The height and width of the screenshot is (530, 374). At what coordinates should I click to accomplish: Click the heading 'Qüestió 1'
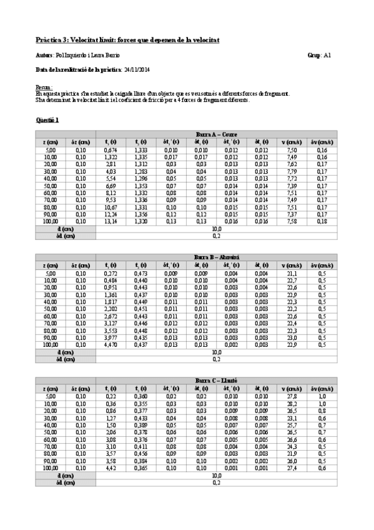pyautogui.click(x=49, y=119)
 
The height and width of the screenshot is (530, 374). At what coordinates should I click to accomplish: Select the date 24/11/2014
pyautogui.click(x=136, y=69)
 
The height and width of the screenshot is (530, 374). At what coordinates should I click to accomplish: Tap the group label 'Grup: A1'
pyautogui.click(x=323, y=55)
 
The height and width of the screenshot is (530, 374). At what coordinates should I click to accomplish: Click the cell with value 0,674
pyautogui.click(x=111, y=150)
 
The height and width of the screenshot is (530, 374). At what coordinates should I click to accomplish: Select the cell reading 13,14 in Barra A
pyautogui.click(x=111, y=221)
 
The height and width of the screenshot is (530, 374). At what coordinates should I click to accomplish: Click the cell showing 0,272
pyautogui.click(x=111, y=273)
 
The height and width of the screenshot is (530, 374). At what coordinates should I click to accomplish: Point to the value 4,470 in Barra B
pyautogui.click(x=111, y=344)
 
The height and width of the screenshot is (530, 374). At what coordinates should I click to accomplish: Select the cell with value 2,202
pyautogui.click(x=111, y=308)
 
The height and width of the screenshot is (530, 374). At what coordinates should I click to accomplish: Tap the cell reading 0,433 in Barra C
pyautogui.click(x=141, y=417)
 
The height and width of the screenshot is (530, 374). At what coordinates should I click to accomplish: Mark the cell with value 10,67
pyautogui.click(x=111, y=207)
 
